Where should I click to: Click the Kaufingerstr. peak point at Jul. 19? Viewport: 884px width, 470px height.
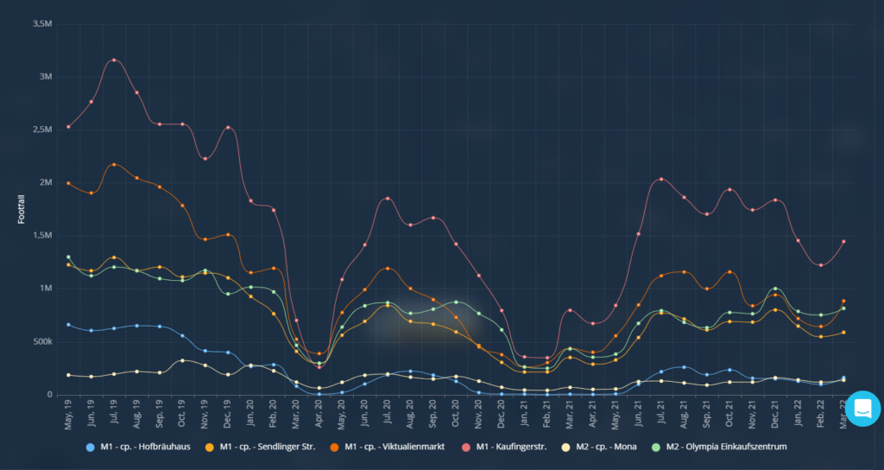tap(114, 60)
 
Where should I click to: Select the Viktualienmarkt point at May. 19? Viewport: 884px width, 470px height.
tap(68, 183)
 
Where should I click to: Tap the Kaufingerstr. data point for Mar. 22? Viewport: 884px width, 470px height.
tap(843, 242)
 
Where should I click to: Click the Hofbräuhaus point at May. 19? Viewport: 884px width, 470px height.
tap(68, 325)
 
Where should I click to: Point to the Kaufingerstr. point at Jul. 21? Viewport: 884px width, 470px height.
tap(661, 180)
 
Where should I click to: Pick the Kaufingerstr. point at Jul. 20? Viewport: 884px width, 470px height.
tap(388, 199)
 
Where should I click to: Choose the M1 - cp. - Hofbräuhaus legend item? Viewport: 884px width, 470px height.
tap(141, 447)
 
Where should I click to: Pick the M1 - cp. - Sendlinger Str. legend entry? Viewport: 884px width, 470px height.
tap(268, 447)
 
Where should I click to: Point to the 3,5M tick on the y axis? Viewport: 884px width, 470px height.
tap(42, 23)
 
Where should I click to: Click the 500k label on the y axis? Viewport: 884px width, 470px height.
tap(41, 342)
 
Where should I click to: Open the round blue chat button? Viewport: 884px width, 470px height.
tap(862, 409)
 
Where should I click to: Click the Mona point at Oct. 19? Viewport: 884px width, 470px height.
tap(182, 360)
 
